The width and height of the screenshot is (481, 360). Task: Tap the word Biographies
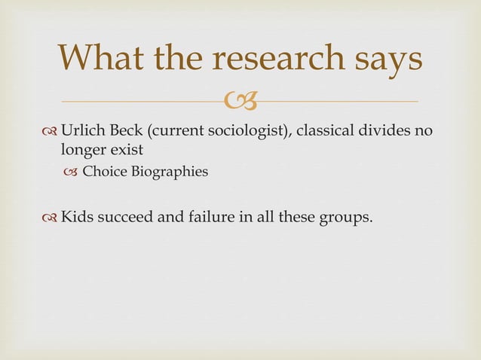[167, 172]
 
